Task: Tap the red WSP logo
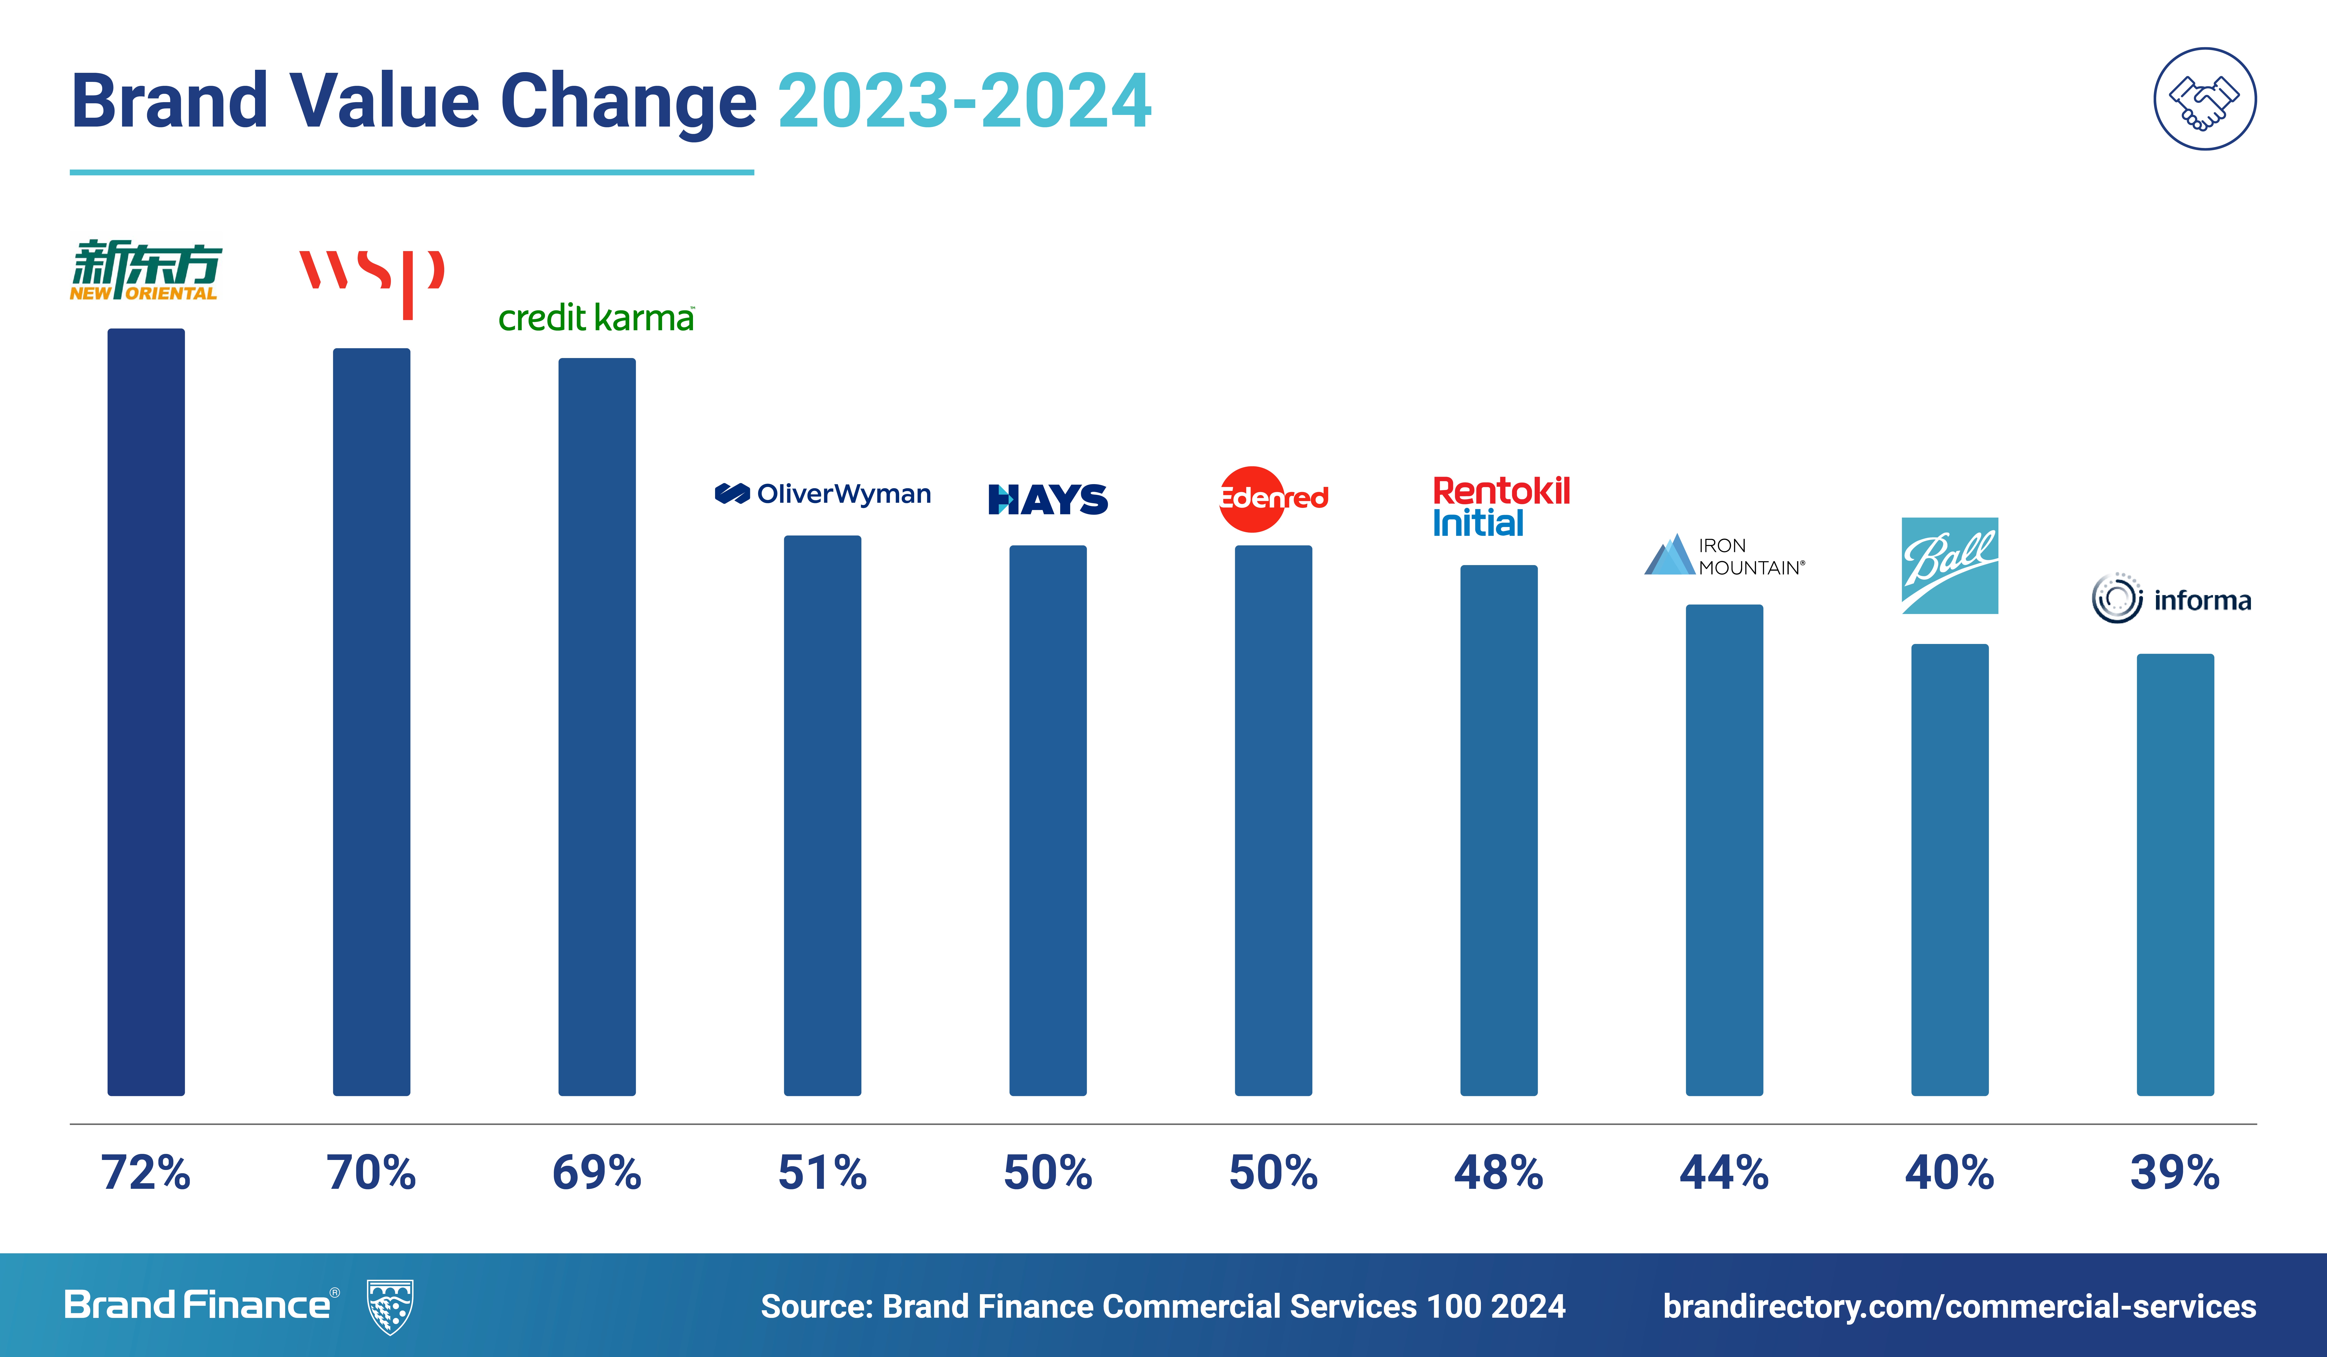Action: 371,280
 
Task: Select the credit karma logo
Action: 596,318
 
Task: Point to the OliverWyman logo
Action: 823,494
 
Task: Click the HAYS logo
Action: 1048,499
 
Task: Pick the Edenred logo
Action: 1273,499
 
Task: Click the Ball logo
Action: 1949,565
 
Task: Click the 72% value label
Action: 146,1172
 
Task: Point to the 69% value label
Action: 596,1172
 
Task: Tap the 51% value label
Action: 823,1172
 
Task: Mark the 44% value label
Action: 1724,1172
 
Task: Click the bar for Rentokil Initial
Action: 1499,831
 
